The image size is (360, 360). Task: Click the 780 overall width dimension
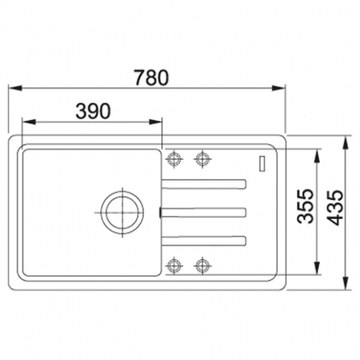click(x=151, y=78)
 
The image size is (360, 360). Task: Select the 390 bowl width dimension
click(x=93, y=111)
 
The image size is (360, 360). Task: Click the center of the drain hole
click(x=122, y=212)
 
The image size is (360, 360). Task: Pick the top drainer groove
click(x=204, y=184)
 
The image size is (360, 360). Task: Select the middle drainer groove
click(x=203, y=212)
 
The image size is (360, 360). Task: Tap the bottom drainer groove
click(x=204, y=241)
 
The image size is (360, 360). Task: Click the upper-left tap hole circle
click(x=174, y=158)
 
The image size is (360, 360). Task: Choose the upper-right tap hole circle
click(x=202, y=158)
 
